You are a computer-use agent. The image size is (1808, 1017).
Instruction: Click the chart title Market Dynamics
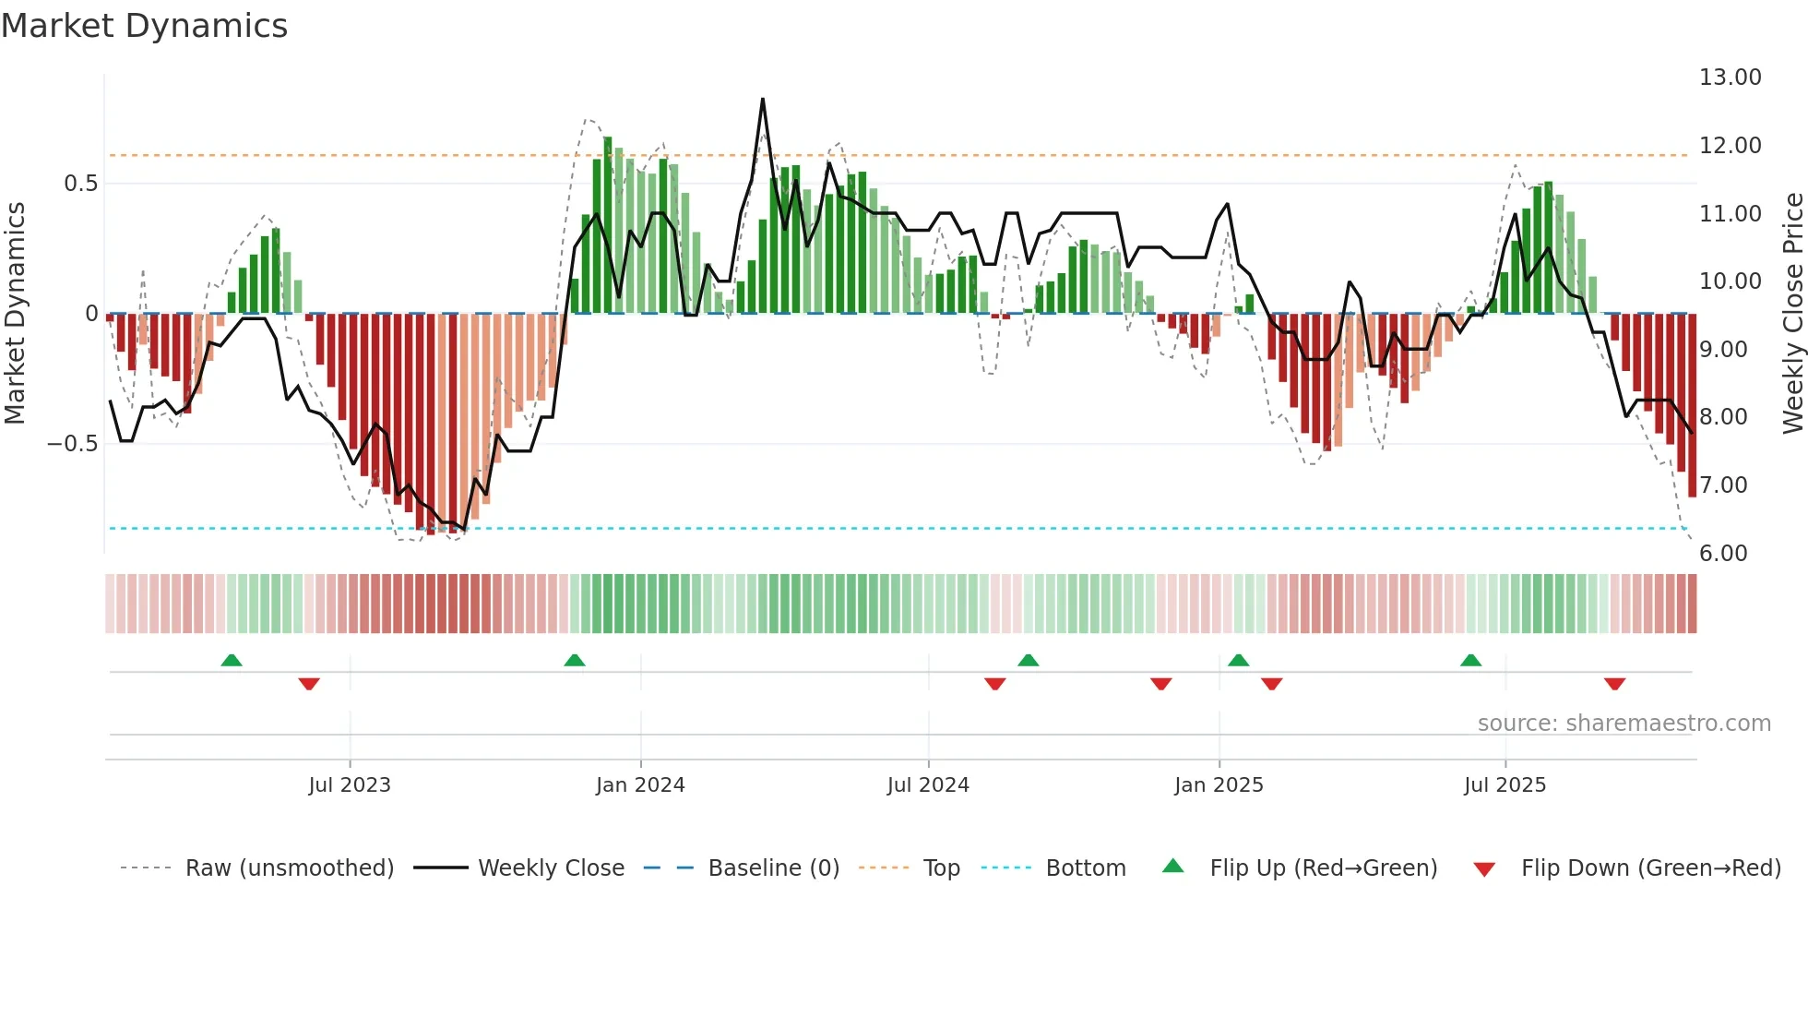coord(145,26)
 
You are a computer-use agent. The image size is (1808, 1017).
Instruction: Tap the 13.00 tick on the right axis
coord(1730,78)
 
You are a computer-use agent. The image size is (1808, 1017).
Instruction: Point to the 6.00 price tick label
coord(1723,553)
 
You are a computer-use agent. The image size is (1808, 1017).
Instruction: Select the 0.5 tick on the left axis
coord(80,184)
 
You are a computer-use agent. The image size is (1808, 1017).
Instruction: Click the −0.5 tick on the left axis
coord(72,444)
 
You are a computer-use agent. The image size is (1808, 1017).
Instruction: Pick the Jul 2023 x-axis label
coord(350,785)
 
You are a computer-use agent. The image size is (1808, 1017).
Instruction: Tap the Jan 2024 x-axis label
coord(640,785)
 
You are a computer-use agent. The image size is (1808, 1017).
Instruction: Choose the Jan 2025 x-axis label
coord(1219,785)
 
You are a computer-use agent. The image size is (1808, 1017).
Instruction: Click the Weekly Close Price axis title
coord(1792,313)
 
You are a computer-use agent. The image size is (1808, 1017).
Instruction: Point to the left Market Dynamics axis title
coord(15,313)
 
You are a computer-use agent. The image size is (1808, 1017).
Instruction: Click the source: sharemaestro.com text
coord(1624,724)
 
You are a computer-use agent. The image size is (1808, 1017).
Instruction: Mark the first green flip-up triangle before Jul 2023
coord(232,660)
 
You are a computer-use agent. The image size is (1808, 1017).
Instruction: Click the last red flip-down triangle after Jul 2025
coord(1614,684)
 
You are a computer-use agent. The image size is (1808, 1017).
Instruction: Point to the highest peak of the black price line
coord(763,99)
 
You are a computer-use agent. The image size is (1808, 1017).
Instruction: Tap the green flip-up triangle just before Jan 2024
coord(575,660)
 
